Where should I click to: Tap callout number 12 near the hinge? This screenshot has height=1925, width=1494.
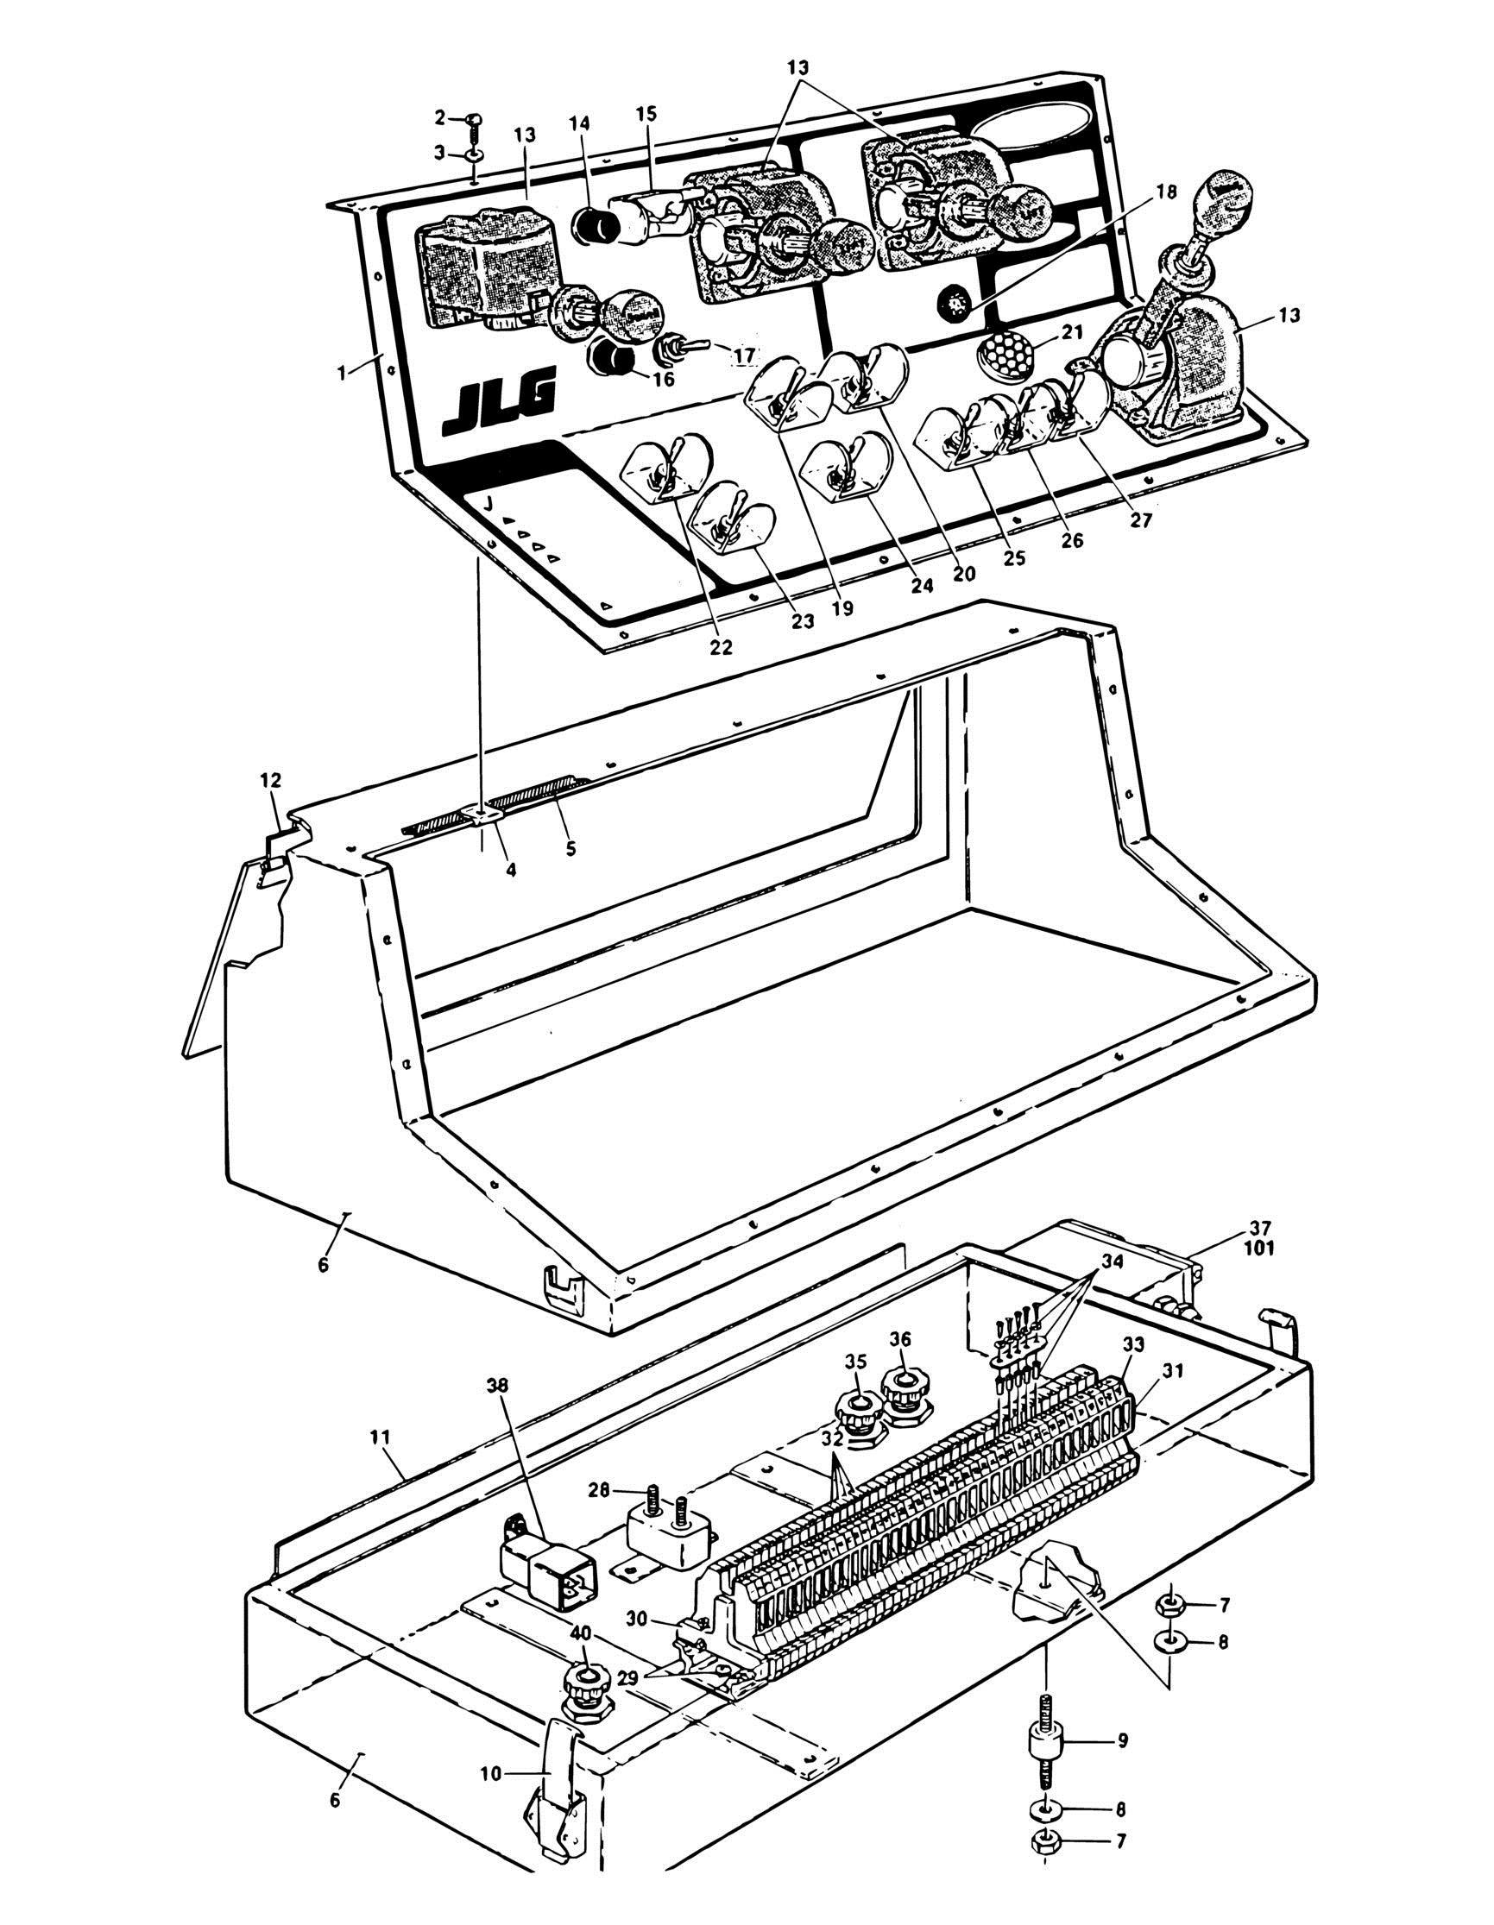(x=271, y=779)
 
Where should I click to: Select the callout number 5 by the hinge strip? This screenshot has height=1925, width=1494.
(x=570, y=849)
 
